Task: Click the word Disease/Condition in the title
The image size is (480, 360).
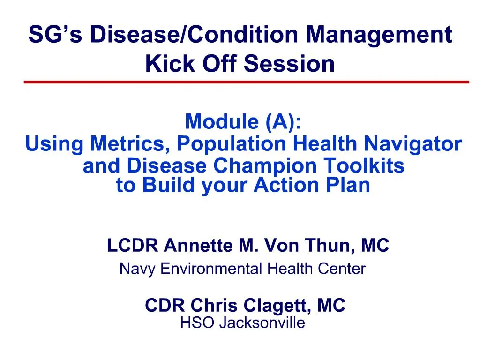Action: (194, 34)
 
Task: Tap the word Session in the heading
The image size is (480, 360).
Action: (289, 63)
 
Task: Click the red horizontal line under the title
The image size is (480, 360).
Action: (247, 82)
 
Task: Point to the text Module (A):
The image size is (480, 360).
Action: (243, 122)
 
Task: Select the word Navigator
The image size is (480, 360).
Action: (413, 144)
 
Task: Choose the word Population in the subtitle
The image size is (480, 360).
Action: (232, 144)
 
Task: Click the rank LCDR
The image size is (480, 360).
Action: (133, 246)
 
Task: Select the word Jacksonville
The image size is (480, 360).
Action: (262, 322)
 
